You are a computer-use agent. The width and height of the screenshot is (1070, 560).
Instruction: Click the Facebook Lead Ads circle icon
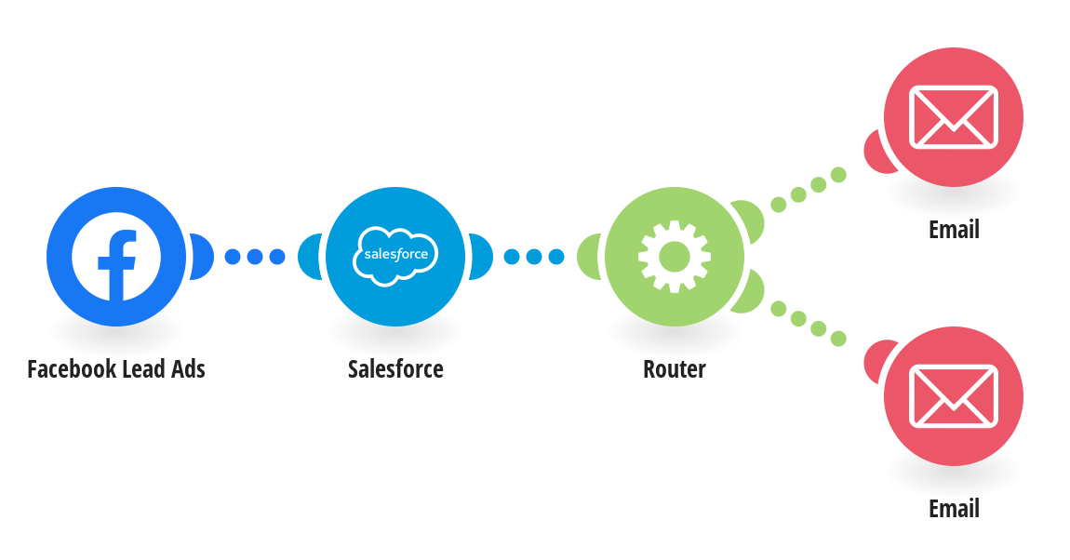(116, 256)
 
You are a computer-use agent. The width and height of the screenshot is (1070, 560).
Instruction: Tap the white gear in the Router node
(675, 256)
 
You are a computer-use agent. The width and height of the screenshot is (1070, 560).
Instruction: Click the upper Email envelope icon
(953, 117)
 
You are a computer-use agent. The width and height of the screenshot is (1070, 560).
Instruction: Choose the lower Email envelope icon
(953, 395)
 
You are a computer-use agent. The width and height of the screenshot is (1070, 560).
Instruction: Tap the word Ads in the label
(187, 369)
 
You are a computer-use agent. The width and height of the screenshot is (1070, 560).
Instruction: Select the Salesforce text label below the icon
(395, 369)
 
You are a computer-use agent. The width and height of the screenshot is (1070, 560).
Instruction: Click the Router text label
(675, 369)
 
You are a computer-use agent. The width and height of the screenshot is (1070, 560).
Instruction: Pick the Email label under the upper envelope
(954, 230)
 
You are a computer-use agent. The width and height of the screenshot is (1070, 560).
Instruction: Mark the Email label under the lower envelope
(954, 509)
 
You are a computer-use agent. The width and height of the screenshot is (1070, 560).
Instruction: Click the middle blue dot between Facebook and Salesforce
(255, 257)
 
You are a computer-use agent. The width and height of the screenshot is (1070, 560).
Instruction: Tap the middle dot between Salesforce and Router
(534, 257)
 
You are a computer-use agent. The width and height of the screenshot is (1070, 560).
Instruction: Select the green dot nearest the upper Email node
(838, 174)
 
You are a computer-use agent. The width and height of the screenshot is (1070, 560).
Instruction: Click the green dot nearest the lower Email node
(838, 339)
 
